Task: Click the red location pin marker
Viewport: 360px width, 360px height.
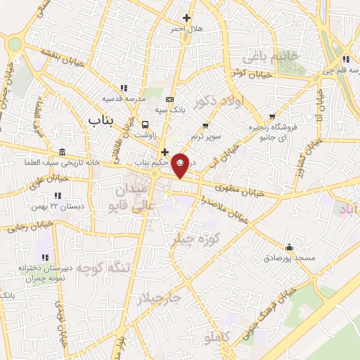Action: [x=181, y=165]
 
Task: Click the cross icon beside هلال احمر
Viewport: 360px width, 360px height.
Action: [x=186, y=18]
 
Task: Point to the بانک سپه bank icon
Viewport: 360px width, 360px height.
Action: [x=169, y=99]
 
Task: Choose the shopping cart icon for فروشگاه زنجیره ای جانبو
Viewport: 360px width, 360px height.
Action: [x=272, y=117]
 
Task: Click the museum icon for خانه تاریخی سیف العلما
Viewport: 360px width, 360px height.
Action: [x=63, y=153]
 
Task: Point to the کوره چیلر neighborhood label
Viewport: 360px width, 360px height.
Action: [x=197, y=238]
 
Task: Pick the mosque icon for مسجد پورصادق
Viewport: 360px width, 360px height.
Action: [x=289, y=247]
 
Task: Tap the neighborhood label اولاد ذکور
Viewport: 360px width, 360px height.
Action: [x=218, y=104]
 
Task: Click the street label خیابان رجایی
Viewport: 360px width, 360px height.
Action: [x=26, y=227]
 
